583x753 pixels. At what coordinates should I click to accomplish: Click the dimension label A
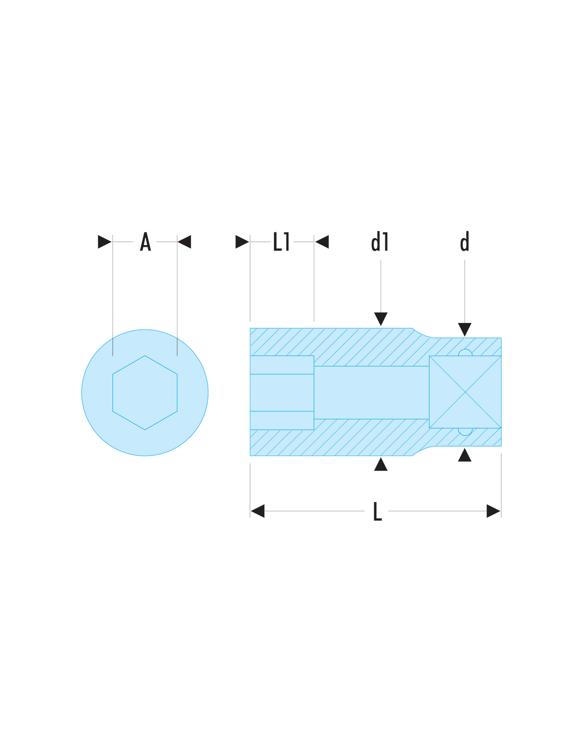pos(145,241)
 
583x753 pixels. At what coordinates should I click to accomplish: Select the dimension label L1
pos(281,241)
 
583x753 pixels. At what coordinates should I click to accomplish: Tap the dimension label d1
pos(380,241)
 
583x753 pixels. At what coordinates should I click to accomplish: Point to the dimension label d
pos(465,241)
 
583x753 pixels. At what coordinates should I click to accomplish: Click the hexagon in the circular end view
pos(145,392)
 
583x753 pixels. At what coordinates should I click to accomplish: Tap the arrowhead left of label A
pos(105,242)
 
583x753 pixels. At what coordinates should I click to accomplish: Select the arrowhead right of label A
pos(184,242)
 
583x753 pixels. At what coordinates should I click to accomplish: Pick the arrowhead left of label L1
pos(242,242)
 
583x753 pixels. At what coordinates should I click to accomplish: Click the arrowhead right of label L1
pos(322,242)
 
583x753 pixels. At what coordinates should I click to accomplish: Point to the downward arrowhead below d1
pos(381,319)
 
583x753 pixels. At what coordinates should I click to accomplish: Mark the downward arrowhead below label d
pos(465,329)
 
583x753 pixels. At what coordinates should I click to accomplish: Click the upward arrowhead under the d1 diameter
pos(381,464)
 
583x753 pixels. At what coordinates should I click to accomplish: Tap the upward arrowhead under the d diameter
pos(465,455)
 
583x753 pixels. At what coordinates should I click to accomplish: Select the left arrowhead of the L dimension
pos(258,511)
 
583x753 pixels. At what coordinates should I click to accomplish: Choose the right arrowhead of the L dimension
pos(493,511)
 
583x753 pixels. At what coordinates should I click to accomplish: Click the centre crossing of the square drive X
pos(465,392)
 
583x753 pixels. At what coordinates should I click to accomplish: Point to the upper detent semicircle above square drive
pos(465,352)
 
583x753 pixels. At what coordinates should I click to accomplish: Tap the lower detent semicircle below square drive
pos(465,432)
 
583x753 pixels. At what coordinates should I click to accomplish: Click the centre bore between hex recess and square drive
pos(372,392)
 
